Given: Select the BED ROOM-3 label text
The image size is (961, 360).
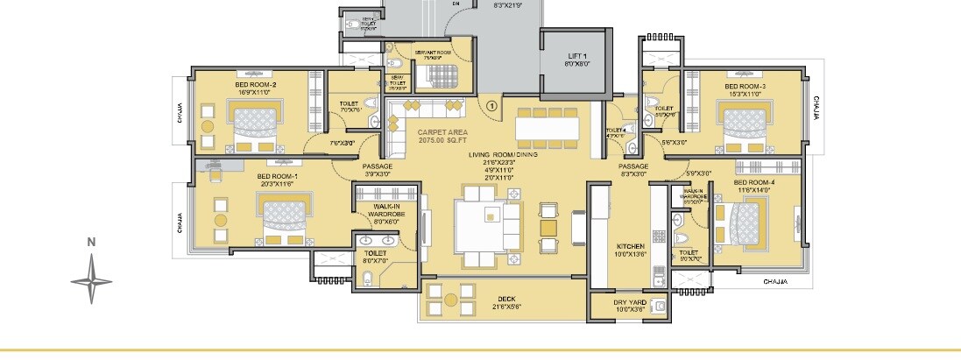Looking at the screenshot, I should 745,88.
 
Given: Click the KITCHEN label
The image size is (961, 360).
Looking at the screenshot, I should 630,247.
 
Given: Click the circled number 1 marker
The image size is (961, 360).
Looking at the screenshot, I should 491,106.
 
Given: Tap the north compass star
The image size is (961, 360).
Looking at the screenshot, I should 91,280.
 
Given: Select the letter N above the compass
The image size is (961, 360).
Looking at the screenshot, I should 90,242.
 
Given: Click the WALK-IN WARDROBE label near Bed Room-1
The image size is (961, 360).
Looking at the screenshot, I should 385,213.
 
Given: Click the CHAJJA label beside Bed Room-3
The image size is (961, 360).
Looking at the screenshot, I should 816,107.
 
